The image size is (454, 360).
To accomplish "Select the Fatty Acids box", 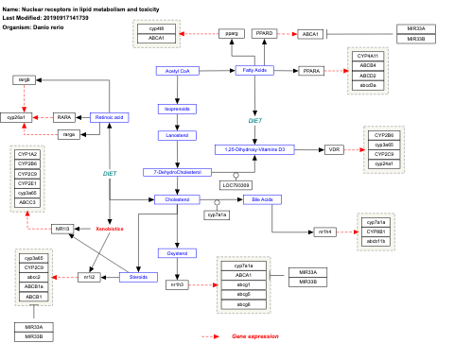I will click(254, 71).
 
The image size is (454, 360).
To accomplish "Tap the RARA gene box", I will click(65, 117).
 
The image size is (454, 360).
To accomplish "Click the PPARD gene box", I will click(265, 34).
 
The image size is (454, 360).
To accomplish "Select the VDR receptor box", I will click(333, 149).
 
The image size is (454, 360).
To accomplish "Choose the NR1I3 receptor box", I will click(63, 229).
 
